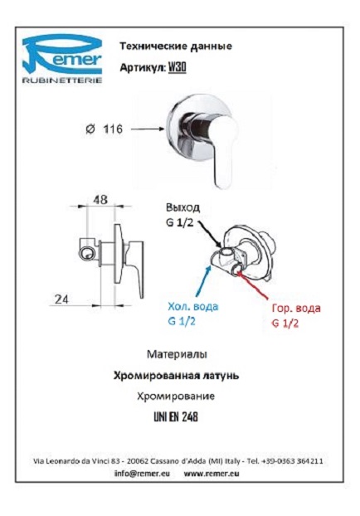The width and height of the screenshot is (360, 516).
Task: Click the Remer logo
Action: [62, 59]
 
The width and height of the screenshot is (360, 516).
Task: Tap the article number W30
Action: [178, 68]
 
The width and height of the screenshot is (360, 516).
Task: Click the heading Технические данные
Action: [175, 46]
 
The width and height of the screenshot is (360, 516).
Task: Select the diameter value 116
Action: [113, 129]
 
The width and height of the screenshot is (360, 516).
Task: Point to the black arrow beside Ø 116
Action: [147, 129]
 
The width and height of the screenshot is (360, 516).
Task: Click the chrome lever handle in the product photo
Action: [223, 149]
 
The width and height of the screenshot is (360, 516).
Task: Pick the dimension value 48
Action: [100, 199]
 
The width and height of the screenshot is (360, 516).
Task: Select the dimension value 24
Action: [62, 299]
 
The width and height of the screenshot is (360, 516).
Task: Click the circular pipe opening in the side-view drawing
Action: [87, 254]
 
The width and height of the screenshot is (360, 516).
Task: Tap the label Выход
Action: [182, 207]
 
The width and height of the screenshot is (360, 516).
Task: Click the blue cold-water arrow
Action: [202, 280]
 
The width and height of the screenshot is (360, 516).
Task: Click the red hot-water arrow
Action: [255, 283]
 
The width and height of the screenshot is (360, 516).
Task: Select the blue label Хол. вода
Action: [192, 307]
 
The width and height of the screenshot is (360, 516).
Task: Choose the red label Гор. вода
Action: [296, 309]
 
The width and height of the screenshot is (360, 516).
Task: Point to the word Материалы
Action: [177, 354]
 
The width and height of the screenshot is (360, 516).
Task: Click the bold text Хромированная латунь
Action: [176, 376]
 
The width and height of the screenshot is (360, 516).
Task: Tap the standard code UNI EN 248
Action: [176, 417]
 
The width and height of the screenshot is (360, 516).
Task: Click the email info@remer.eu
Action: [142, 474]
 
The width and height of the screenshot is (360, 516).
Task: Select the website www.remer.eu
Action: [212, 474]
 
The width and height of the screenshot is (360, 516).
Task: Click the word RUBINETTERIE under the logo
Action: [62, 80]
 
